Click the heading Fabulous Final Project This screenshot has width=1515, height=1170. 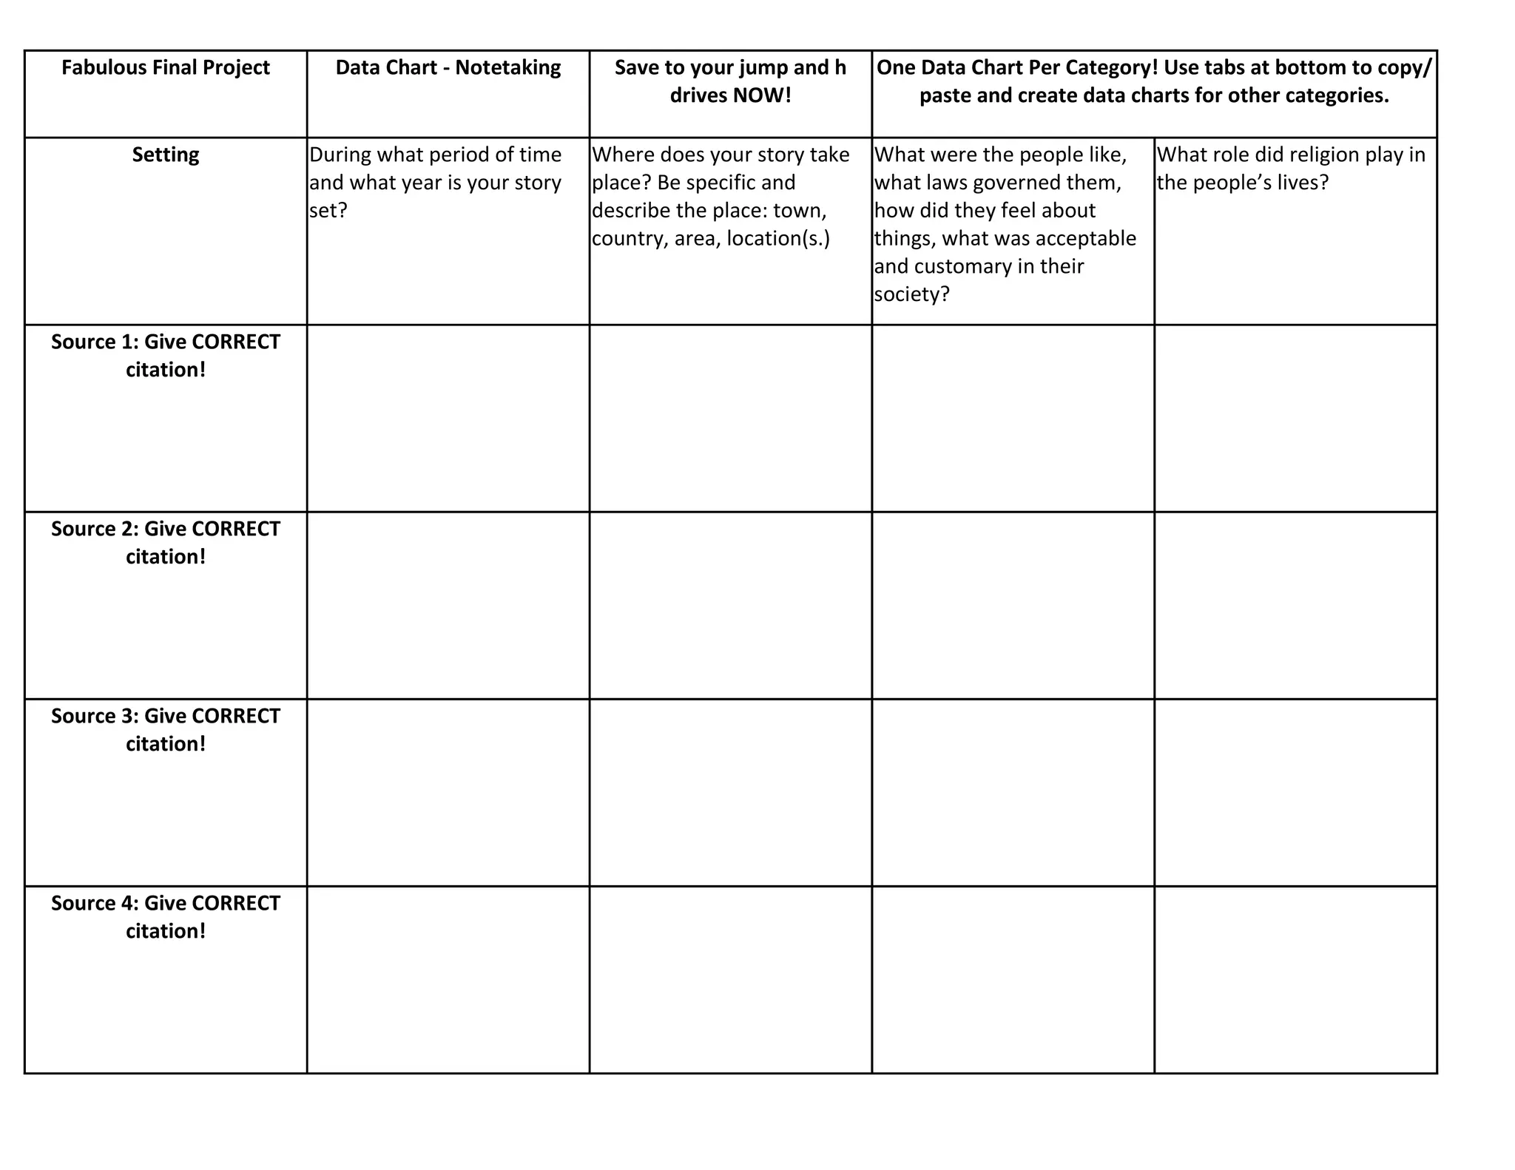166,68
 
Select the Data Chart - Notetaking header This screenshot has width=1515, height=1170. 448,68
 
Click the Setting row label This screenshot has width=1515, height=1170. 166,155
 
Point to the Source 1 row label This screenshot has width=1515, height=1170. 166,355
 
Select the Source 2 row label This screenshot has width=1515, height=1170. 166,542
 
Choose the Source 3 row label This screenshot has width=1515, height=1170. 166,729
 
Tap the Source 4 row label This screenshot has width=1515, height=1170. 166,916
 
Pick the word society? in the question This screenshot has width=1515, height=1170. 911,295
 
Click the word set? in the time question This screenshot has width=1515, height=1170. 328,212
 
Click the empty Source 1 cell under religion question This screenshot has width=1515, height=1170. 1295,418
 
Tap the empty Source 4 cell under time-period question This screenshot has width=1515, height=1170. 448,979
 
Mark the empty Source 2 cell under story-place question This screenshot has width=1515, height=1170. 730,605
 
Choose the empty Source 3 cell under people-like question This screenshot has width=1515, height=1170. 1013,792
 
